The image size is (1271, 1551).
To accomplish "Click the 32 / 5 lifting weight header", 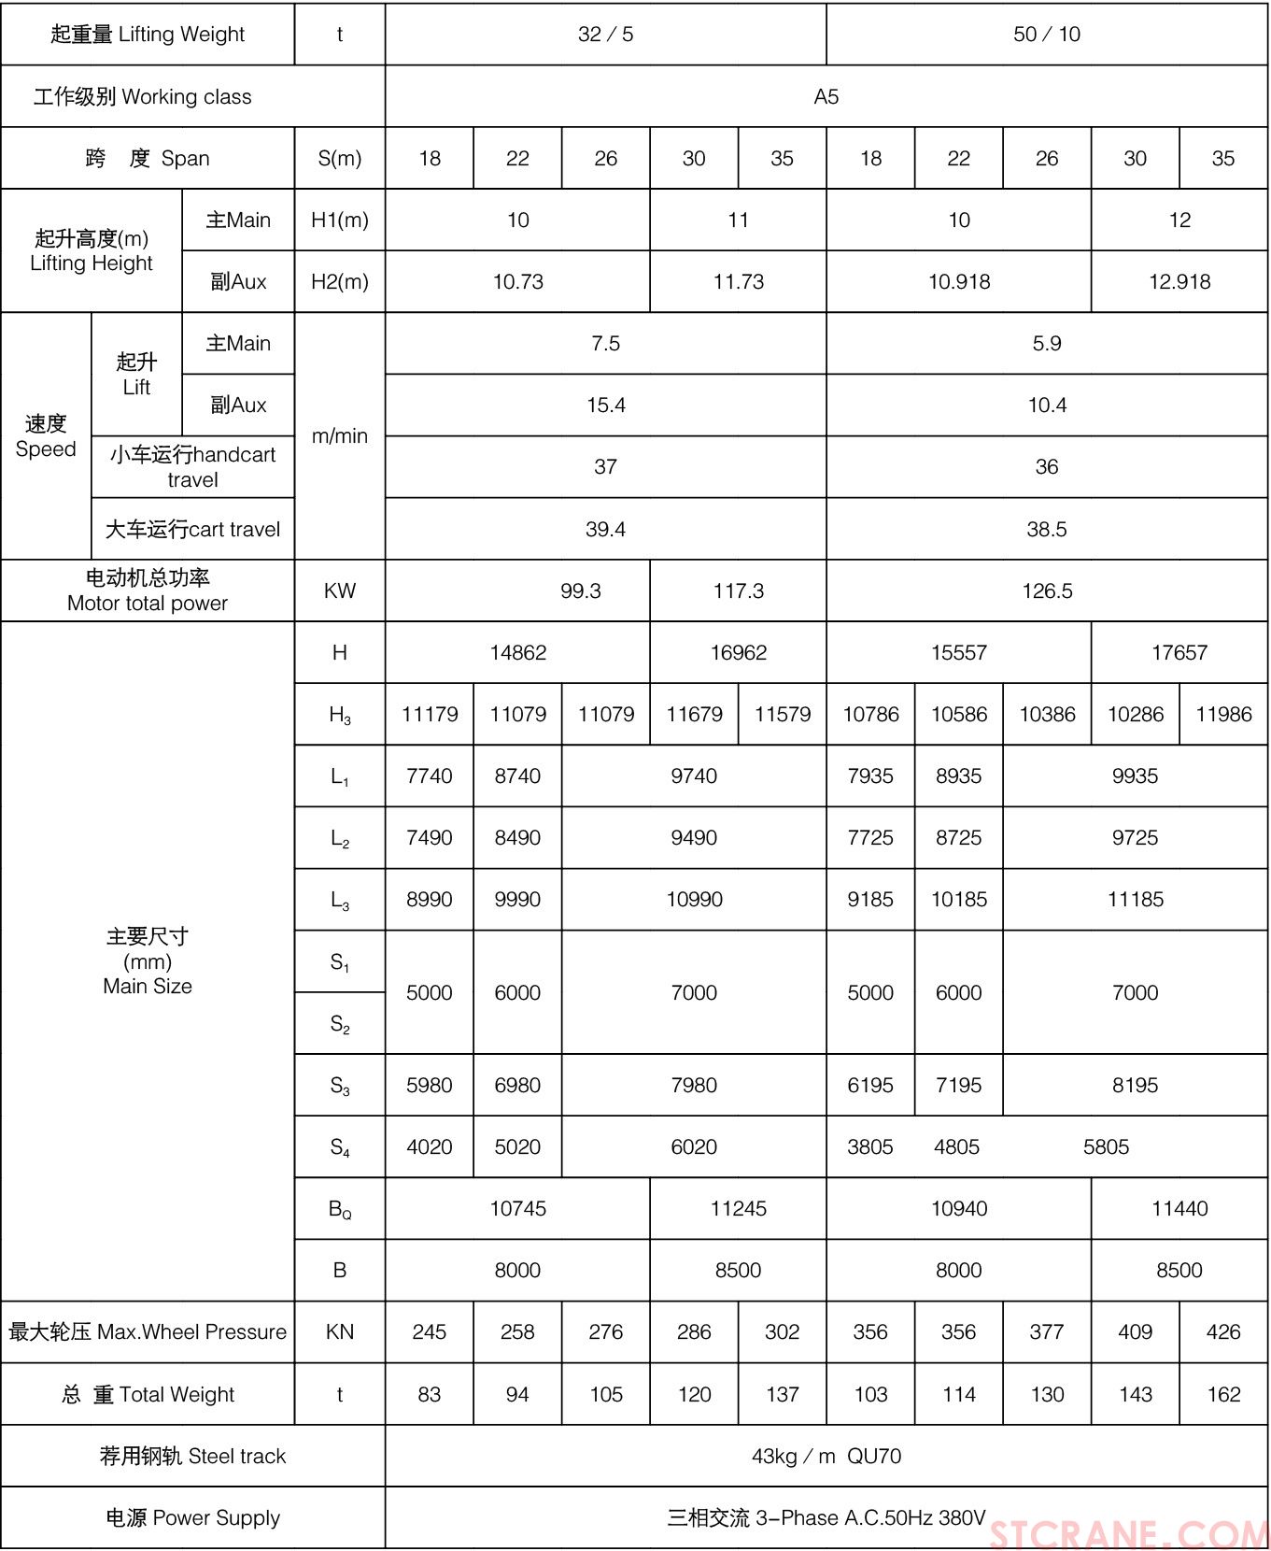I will pyautogui.click(x=605, y=35).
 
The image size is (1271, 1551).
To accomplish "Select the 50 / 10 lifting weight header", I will pyautogui.click(x=1046, y=35).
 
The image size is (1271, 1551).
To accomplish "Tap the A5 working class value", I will pyautogui.click(x=826, y=96).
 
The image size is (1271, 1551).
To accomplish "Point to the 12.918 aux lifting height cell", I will pyautogui.click(x=1179, y=281).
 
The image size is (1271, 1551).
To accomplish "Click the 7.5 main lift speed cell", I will pyautogui.click(x=605, y=343).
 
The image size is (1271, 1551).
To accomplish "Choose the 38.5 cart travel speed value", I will pyautogui.click(x=1046, y=529).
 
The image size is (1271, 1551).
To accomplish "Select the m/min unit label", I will pyautogui.click(x=339, y=435).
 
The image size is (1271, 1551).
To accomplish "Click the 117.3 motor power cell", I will pyautogui.click(x=738, y=591).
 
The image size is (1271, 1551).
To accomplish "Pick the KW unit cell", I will pyautogui.click(x=339, y=591).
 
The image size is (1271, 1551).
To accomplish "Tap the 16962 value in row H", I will pyautogui.click(x=738, y=652).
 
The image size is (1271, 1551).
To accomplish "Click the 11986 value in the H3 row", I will pyautogui.click(x=1223, y=714).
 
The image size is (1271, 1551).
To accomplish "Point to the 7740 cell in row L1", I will pyautogui.click(x=429, y=775).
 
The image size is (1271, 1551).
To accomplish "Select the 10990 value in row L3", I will pyautogui.click(x=694, y=899).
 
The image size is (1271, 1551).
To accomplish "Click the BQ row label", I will pyautogui.click(x=339, y=1209).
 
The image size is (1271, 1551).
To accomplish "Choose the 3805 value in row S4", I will pyautogui.click(x=869, y=1146).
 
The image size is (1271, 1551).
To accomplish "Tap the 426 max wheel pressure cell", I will pyautogui.click(x=1223, y=1331).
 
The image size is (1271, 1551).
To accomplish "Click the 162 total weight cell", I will pyautogui.click(x=1223, y=1394).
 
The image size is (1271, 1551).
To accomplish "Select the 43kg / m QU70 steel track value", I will pyautogui.click(x=826, y=1456).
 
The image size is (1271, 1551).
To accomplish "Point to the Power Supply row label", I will pyautogui.click(x=192, y=1517).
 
